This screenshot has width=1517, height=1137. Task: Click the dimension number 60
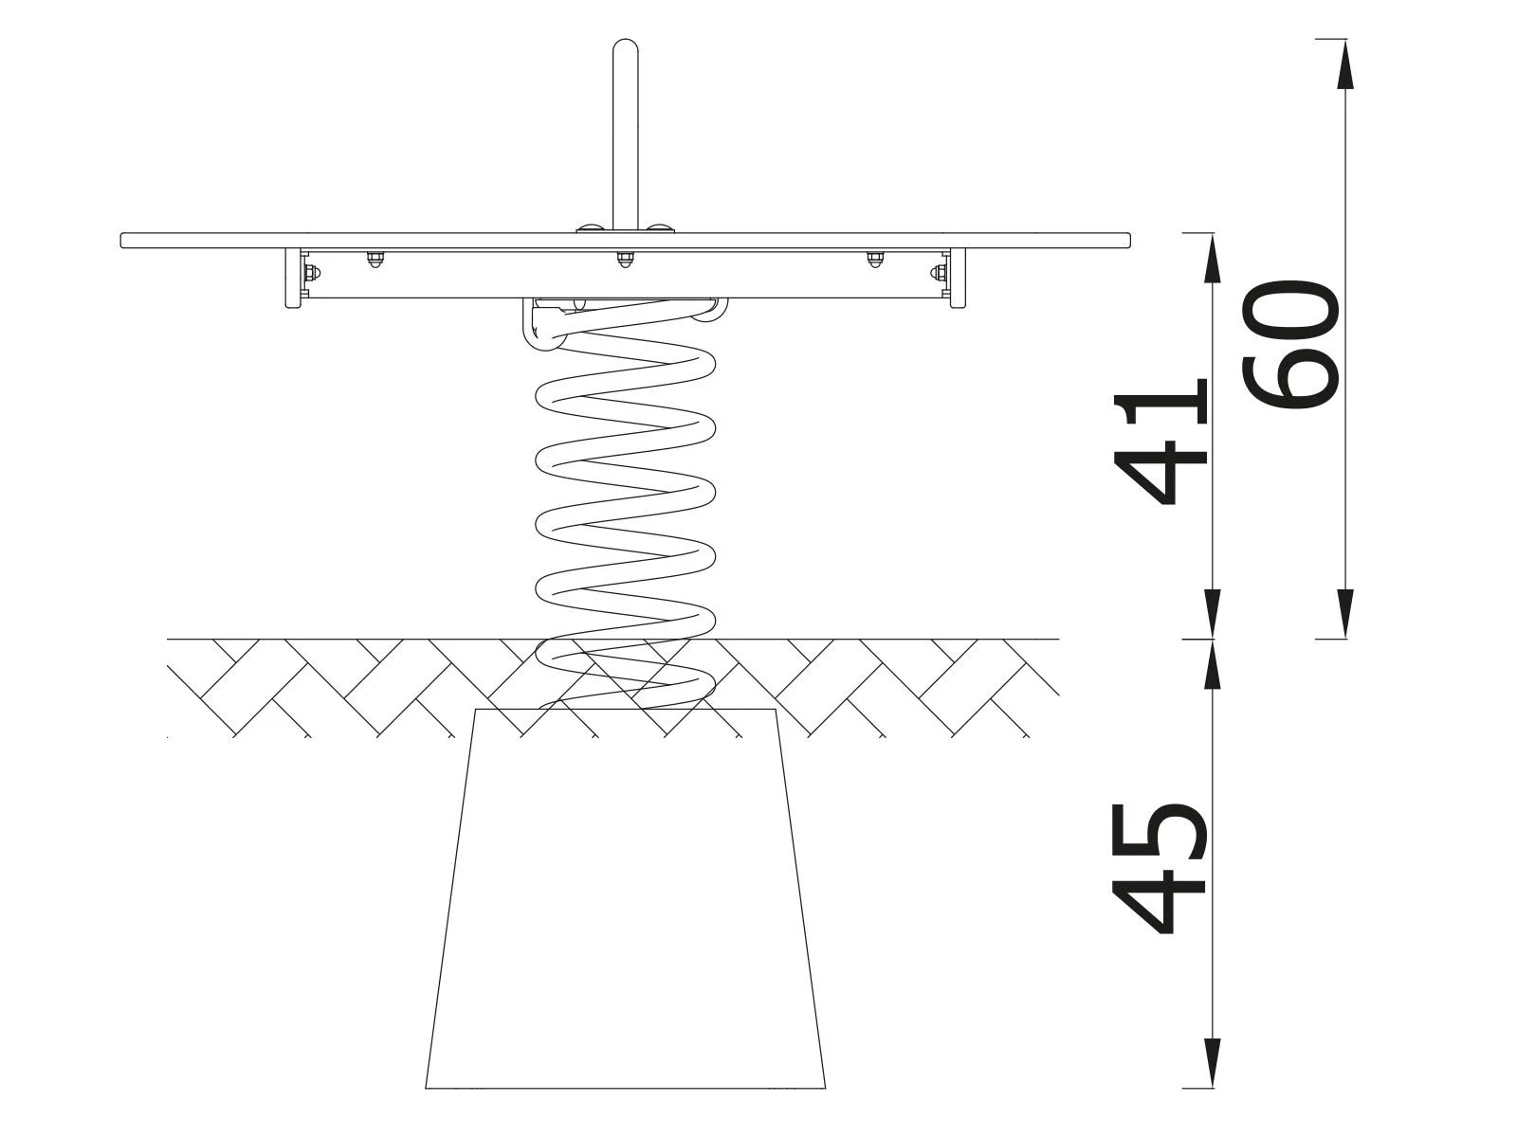[x=1291, y=343]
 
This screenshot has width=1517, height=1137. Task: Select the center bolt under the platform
[x=625, y=258]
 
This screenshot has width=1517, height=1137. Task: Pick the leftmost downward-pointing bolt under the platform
[x=375, y=259]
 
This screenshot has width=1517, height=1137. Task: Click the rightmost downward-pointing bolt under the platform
[x=874, y=259]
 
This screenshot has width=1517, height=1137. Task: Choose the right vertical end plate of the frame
[x=958, y=279]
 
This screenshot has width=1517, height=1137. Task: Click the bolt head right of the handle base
[x=660, y=228]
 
